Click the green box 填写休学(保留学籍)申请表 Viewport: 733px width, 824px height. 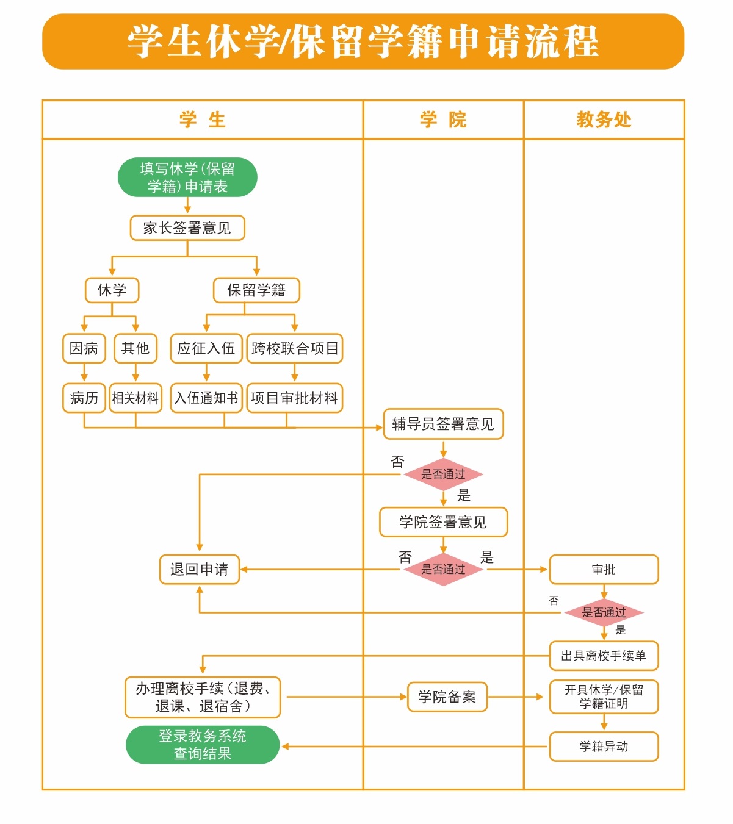click(187, 177)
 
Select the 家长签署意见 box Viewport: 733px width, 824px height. click(187, 228)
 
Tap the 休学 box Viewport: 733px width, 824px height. click(112, 290)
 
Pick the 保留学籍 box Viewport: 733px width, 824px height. click(256, 290)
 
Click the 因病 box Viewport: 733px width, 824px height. click(84, 348)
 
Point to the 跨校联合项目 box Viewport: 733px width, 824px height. click(295, 348)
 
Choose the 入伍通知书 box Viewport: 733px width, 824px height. click(206, 398)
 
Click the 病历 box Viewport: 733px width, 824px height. click(84, 398)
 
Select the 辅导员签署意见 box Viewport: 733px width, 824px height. click(443, 424)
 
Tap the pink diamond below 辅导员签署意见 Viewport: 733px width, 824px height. click(443, 474)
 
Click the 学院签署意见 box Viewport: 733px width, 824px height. click(443, 522)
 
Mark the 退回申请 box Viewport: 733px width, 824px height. click(200, 570)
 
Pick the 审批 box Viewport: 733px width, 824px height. click(604, 570)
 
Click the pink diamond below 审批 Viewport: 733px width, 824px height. click(604, 612)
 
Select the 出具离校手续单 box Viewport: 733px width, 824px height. click(604, 656)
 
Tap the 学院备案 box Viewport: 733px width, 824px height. click(447, 697)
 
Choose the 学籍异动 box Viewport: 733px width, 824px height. click(604, 747)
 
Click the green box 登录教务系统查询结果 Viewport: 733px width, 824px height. click(203, 745)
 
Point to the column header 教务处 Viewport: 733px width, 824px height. click(604, 120)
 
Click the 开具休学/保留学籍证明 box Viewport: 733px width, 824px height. click(604, 697)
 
